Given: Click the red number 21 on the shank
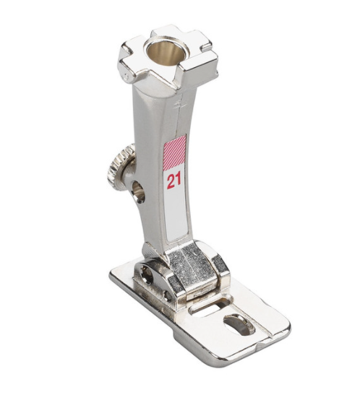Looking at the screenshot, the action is (174, 180).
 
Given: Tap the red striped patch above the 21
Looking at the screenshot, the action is (175, 153).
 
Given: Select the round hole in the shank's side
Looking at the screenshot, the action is (139, 191).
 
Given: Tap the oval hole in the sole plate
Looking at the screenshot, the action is (239, 324).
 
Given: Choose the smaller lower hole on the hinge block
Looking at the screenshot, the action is (168, 295).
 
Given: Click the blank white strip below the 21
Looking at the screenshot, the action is (176, 214).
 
